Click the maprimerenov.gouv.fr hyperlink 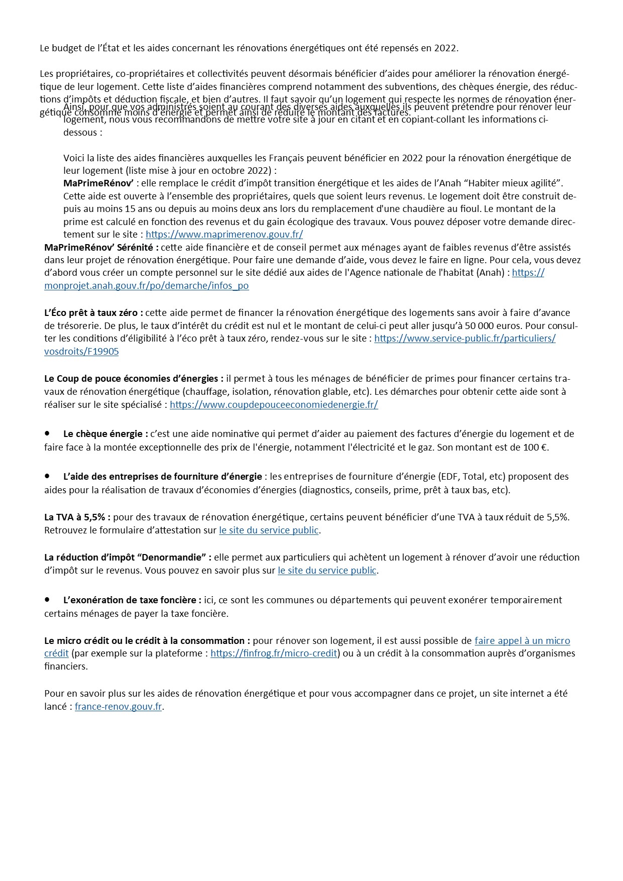pyautogui.click(x=224, y=235)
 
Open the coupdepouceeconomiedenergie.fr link pyautogui.click(x=274, y=404)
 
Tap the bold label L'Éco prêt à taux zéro pyautogui.click(x=93, y=312)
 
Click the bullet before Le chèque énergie pyautogui.click(x=47, y=432)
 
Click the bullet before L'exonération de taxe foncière pyautogui.click(x=47, y=599)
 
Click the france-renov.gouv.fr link pyautogui.click(x=119, y=707)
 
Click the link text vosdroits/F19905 pyautogui.click(x=81, y=352)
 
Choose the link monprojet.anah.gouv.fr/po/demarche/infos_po pyautogui.click(x=146, y=286)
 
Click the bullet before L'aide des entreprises pyautogui.click(x=47, y=475)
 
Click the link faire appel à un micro pyautogui.click(x=522, y=640)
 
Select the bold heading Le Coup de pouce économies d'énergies pyautogui.click(x=134, y=378)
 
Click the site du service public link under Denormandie pyautogui.click(x=327, y=571)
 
